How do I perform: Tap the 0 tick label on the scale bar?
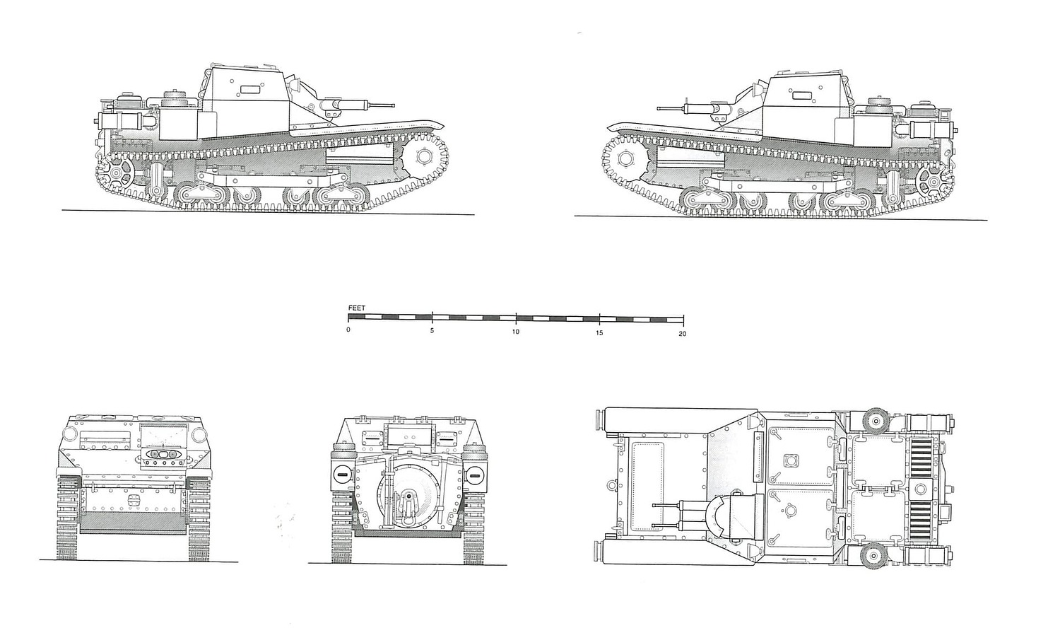point(348,332)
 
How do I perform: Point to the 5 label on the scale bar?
point(432,332)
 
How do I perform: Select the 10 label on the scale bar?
point(516,332)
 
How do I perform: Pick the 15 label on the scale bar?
point(599,332)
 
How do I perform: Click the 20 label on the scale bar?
point(682,332)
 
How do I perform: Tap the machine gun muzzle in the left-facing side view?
point(659,109)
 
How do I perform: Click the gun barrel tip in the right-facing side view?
point(392,105)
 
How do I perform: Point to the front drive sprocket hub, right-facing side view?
point(425,156)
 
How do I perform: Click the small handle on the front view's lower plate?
point(132,499)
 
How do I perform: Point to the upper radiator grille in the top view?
point(919,453)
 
